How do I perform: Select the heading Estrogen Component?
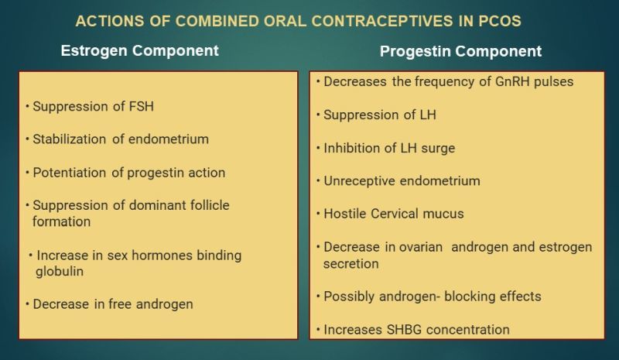pos(140,50)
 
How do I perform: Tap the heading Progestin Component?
pos(460,51)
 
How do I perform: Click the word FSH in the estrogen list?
pos(142,106)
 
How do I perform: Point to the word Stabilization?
pos(70,139)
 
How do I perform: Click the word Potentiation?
pos(70,173)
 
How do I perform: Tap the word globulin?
pos(60,272)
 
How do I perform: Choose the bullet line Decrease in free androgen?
pos(113,304)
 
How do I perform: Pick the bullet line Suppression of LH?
pos(380,115)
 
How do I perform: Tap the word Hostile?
pos(345,214)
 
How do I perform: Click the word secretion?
pos(351,264)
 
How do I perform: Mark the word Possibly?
pos(349,297)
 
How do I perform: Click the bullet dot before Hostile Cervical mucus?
pos(318,214)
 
